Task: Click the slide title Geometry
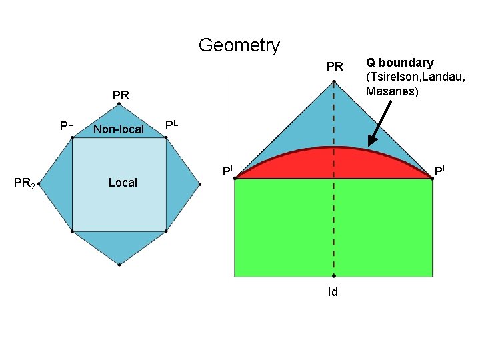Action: click(x=239, y=45)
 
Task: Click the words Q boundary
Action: click(x=399, y=63)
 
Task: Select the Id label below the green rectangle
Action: click(x=333, y=291)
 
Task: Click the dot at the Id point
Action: click(x=334, y=275)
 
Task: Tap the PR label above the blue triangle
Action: click(x=335, y=67)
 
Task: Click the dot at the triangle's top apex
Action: click(x=334, y=81)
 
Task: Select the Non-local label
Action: click(x=119, y=129)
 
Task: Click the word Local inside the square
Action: click(x=123, y=182)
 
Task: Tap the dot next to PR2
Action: click(x=39, y=184)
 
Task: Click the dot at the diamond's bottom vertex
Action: click(x=119, y=265)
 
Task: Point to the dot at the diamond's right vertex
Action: click(x=199, y=184)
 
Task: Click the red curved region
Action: click(x=333, y=163)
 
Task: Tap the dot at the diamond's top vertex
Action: click(x=119, y=104)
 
